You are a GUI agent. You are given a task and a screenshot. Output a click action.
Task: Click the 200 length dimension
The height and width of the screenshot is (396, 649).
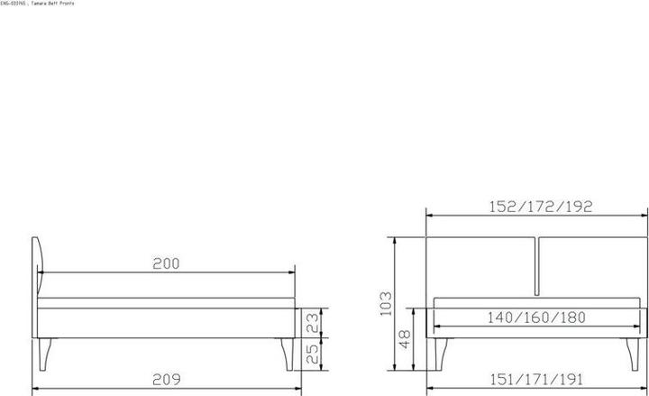(x=166, y=264)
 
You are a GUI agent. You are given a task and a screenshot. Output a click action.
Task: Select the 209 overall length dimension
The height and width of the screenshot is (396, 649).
(x=166, y=379)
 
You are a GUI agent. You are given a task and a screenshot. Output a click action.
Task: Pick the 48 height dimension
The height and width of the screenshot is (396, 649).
(x=405, y=339)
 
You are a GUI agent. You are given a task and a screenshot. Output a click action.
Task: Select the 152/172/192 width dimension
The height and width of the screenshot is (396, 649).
(x=536, y=207)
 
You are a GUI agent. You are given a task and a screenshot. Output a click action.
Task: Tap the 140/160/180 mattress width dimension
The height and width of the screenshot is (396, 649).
(x=536, y=318)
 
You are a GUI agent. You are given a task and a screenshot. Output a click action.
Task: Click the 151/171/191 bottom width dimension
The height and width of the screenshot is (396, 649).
(x=538, y=379)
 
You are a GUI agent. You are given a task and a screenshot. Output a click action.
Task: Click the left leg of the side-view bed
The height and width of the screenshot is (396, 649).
(x=48, y=354)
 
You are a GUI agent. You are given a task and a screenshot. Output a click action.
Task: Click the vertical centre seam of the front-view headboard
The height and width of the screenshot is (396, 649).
(x=537, y=266)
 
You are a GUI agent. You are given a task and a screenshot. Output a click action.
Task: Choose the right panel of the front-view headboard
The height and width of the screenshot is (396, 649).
(x=592, y=266)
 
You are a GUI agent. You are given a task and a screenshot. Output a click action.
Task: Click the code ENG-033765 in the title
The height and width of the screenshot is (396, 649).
(x=14, y=5)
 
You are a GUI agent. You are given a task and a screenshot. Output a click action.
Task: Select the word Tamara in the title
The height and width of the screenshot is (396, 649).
(x=41, y=5)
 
